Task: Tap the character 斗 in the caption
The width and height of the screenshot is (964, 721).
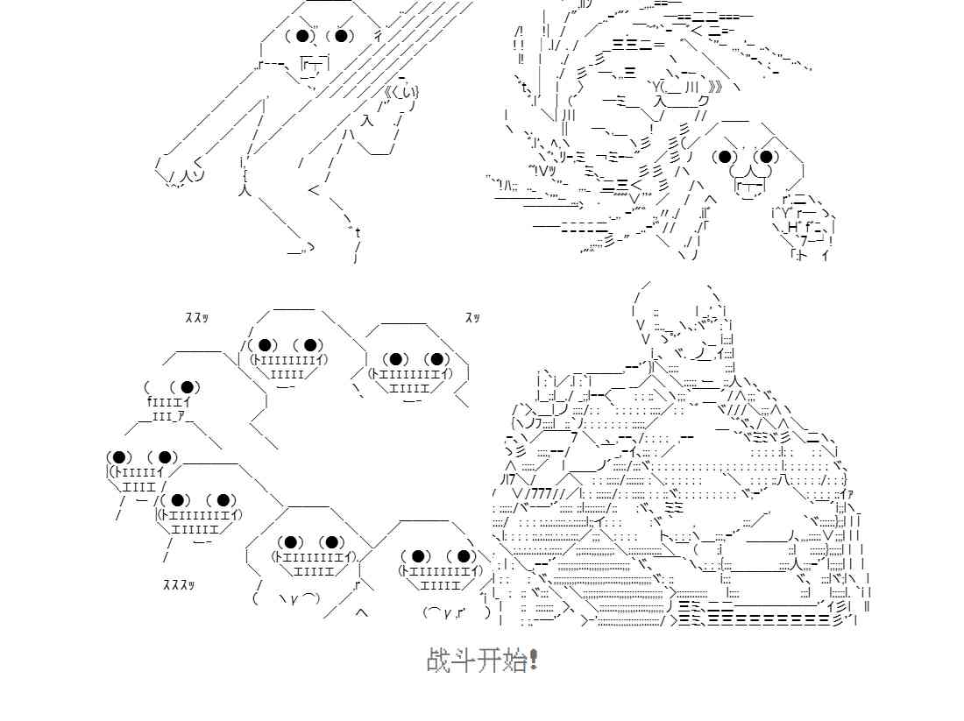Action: click(x=464, y=660)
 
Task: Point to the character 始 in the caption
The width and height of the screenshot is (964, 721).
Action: click(x=514, y=660)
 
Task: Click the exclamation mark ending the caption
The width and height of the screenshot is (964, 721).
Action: click(x=535, y=660)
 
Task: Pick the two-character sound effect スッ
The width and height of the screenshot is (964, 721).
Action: click(x=472, y=318)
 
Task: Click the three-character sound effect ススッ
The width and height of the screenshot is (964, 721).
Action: click(x=196, y=318)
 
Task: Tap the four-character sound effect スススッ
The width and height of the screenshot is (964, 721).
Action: click(x=179, y=584)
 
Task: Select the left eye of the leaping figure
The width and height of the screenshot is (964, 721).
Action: click(x=303, y=36)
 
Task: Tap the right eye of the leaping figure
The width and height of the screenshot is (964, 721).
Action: click(x=343, y=36)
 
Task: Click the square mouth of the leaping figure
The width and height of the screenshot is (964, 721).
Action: click(x=315, y=64)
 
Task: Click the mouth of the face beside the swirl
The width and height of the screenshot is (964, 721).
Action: click(x=749, y=185)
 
